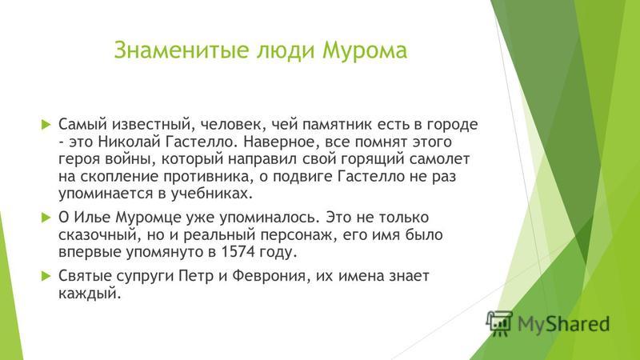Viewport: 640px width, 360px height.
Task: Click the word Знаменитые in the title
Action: tap(182, 50)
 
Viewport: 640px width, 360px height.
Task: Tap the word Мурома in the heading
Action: tap(365, 50)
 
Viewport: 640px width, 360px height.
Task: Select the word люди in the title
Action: tap(286, 51)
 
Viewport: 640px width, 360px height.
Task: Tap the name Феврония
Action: tap(269, 276)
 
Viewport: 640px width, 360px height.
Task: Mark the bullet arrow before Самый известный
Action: tap(46, 125)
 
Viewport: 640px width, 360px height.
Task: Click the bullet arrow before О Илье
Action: tap(46, 218)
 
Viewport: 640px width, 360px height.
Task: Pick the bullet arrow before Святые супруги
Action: tap(46, 276)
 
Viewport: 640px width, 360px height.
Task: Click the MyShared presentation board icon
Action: tap(499, 323)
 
